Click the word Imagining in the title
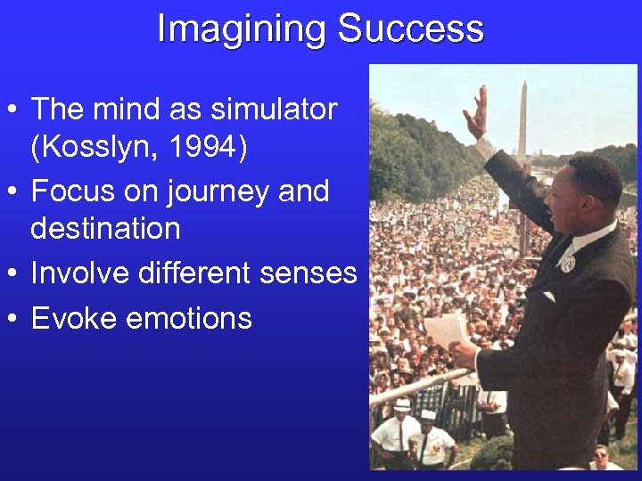242,29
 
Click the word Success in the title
411,29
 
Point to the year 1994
202,147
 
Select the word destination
105,229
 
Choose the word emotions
189,318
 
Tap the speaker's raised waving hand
479,111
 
